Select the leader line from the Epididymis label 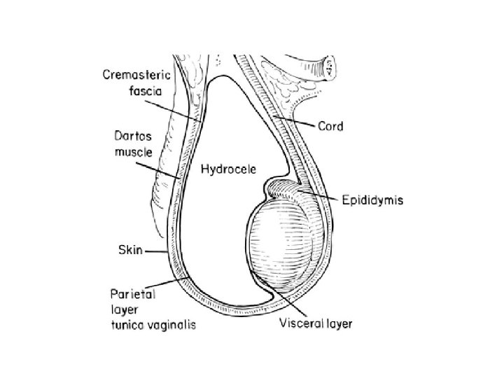coord(325,196)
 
